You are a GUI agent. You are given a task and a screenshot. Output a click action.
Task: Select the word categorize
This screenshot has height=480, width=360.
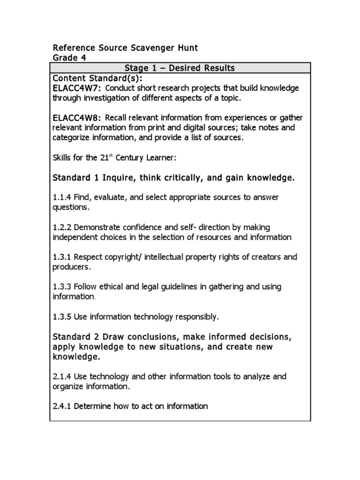(x=72, y=137)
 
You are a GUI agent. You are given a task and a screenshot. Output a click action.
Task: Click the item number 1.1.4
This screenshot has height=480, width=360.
(x=62, y=197)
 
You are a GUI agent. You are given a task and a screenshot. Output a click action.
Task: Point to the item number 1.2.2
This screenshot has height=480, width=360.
(x=62, y=227)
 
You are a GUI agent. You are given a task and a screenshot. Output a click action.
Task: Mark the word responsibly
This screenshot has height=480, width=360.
(x=196, y=317)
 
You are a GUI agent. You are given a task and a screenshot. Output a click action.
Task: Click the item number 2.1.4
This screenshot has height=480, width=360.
(x=62, y=376)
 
